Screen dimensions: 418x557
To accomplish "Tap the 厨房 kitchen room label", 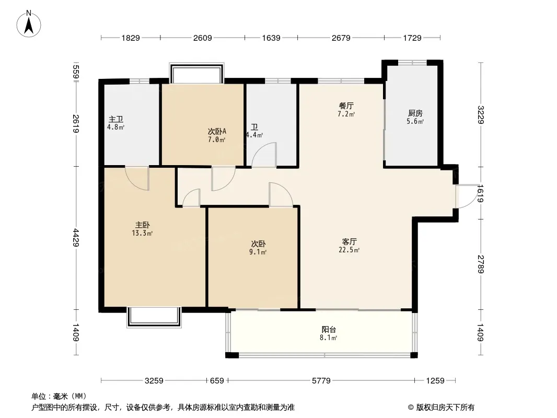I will click(x=415, y=113).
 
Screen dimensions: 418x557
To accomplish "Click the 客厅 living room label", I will click(x=350, y=242).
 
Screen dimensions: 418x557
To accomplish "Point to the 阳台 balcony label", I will click(x=329, y=330).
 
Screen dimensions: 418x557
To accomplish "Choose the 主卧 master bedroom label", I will click(x=143, y=225).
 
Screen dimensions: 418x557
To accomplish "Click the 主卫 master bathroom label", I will click(x=116, y=119).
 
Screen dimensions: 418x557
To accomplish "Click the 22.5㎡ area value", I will click(x=350, y=250).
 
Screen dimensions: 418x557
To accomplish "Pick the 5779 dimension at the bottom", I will click(x=321, y=381).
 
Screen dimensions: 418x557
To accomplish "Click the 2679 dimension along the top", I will click(x=341, y=38).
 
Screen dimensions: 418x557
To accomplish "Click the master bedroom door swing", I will click(x=137, y=178).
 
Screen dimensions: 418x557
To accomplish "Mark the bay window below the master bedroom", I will click(x=154, y=317).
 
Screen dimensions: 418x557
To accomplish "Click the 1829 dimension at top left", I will click(x=131, y=38).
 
